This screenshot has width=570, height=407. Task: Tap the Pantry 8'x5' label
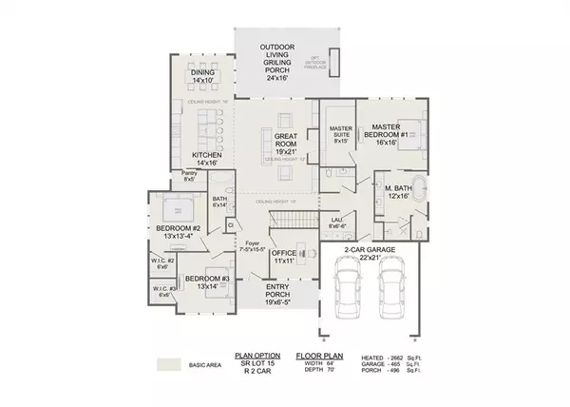point(188,176)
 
